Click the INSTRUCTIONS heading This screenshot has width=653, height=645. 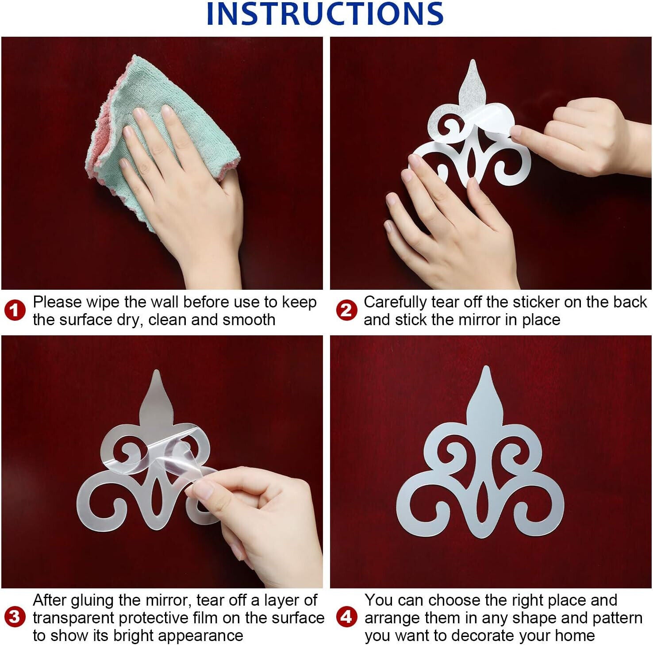coord(325,14)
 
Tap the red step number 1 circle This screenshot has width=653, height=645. coord(15,310)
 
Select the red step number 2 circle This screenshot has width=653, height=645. coord(346,310)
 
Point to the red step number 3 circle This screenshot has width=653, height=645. coord(15,617)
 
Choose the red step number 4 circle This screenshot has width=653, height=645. coord(346,617)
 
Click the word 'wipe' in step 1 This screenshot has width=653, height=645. coord(103,302)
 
